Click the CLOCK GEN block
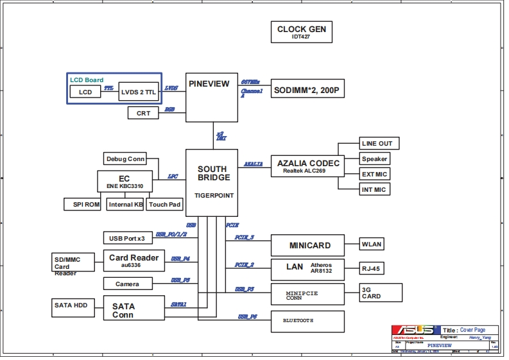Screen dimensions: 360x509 click(301, 32)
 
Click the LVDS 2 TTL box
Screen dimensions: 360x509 click(138, 92)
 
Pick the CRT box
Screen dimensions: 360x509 click(144, 113)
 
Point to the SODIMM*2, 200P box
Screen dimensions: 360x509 click(309, 91)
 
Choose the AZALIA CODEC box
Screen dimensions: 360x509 click(307, 167)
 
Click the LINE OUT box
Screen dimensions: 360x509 click(375, 143)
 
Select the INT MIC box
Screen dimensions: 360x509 click(374, 189)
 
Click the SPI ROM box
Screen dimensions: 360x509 click(83, 204)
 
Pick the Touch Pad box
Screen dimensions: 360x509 click(164, 204)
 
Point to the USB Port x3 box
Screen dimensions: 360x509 click(126, 238)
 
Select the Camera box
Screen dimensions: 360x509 click(126, 284)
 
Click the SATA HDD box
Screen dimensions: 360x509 click(71, 305)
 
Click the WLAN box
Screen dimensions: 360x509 click(372, 244)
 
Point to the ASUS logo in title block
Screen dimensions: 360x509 click(415, 329)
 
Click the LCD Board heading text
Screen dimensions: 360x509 click(87, 80)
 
